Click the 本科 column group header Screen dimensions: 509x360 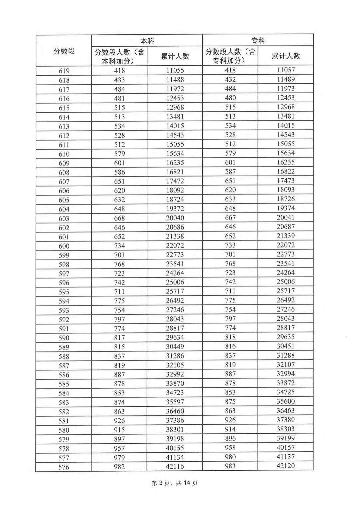tap(147, 41)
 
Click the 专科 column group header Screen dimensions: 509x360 tap(258, 41)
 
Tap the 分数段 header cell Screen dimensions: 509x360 tap(64, 51)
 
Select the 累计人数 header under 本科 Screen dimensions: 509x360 tap(175, 56)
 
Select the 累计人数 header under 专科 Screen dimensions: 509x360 tap(286, 56)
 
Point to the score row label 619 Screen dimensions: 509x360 tap(64, 71)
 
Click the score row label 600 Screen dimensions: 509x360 tap(64, 246)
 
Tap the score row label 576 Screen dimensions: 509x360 tap(64, 467)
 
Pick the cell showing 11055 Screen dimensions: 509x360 tap(175, 70)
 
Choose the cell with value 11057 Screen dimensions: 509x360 tap(286, 70)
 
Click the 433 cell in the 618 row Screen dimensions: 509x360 tap(119, 80)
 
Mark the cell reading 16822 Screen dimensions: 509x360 tap(286, 171)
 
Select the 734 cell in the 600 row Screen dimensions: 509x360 tap(119, 246)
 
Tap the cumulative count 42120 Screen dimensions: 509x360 tap(286, 466)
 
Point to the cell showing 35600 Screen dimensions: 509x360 tap(286, 401)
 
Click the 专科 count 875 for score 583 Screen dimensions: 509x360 tap(230, 402)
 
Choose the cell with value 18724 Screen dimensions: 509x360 tap(175, 200)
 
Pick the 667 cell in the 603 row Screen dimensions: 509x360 tap(230, 218)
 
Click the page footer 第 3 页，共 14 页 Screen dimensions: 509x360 tap(175, 483)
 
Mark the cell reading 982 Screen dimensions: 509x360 tap(119, 467)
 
